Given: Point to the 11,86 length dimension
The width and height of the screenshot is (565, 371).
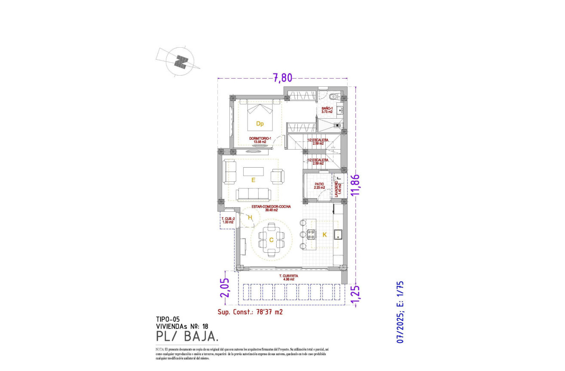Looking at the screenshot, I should click(355, 185).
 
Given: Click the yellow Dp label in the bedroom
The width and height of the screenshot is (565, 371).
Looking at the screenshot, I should click(260, 124).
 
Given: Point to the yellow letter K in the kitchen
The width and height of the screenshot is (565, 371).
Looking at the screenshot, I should click(324, 235).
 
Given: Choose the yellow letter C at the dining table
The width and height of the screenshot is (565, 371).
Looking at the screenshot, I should click(271, 240).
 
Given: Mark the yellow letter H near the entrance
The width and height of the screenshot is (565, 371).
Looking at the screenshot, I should click(250, 218).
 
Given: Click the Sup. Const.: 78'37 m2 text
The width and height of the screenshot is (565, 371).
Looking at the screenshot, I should click(250, 312).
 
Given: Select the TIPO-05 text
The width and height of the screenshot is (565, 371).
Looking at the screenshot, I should click(168, 319).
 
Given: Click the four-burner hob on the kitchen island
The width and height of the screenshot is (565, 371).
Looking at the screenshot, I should click(311, 235).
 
